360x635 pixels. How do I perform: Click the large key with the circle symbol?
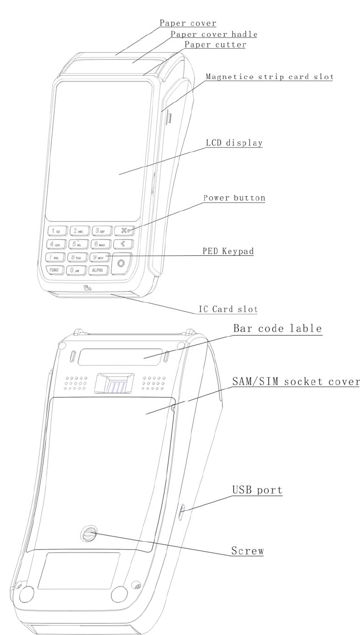point(120,264)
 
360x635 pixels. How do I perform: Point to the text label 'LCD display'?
point(234,143)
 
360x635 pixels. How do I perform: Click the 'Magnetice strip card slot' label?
point(269,77)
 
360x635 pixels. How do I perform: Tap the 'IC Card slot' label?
point(228,309)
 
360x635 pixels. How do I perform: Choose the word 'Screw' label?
point(247,551)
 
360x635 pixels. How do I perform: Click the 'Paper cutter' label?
point(215,45)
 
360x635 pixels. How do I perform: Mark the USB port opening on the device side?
point(182,512)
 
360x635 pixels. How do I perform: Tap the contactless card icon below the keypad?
point(87,288)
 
